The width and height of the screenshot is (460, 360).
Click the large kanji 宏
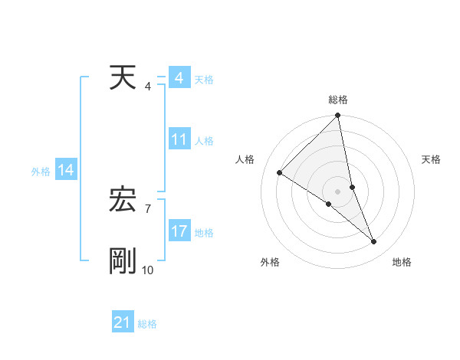tap(123, 201)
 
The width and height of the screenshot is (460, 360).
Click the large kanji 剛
tap(123, 261)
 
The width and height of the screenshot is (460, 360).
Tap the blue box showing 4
tap(179, 79)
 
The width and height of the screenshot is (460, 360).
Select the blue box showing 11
tap(179, 140)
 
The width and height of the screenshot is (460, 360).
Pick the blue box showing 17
tap(179, 231)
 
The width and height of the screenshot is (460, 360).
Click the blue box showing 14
tap(65, 171)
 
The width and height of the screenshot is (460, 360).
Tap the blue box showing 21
tap(122, 323)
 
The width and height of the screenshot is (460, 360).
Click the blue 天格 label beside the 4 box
tap(204, 80)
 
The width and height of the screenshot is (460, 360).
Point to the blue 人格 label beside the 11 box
tap(204, 141)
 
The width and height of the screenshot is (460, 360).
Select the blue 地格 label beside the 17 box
tap(204, 232)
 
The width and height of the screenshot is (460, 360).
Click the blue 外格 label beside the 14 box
tap(41, 172)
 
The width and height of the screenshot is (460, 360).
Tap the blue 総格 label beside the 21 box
tap(147, 324)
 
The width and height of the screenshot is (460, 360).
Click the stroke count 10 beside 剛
tap(147, 270)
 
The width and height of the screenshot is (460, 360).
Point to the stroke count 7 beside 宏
tap(147, 208)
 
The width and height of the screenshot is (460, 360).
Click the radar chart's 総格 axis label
tap(338, 100)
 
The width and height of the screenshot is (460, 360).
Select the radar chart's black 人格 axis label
tap(245, 159)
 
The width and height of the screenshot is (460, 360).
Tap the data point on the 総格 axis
tap(338, 116)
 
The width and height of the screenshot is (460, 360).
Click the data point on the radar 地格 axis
tap(374, 242)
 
